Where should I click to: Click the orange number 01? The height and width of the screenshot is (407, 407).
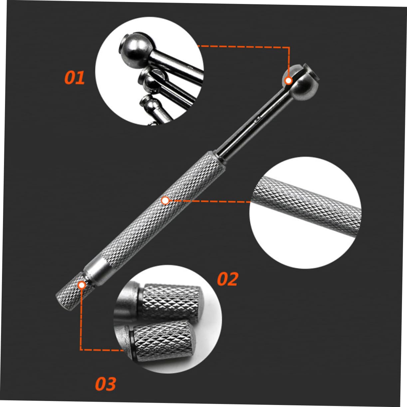(75, 78)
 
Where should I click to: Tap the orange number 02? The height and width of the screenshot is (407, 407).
(228, 279)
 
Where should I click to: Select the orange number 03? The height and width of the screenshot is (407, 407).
(105, 384)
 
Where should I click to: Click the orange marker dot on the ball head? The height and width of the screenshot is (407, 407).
(289, 80)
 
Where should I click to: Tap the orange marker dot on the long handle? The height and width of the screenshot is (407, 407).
(165, 200)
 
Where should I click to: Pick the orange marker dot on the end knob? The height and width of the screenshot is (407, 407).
(81, 285)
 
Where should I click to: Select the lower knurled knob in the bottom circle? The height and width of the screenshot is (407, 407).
(160, 339)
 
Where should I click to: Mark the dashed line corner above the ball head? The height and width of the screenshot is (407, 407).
(289, 47)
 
